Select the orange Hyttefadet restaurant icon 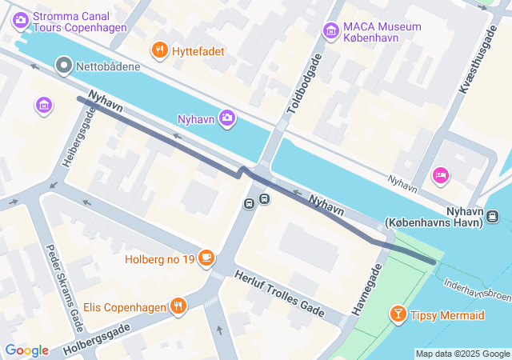[x=160, y=51]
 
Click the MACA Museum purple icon [x=330, y=31]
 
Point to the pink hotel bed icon [x=440, y=174]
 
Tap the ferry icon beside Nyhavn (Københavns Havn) [x=493, y=215]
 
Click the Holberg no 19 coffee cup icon [x=207, y=258]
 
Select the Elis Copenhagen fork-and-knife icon [x=178, y=305]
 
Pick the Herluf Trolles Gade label [x=279, y=293]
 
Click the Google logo [x=26, y=350]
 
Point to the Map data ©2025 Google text [x=462, y=354]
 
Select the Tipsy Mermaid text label [x=448, y=315]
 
